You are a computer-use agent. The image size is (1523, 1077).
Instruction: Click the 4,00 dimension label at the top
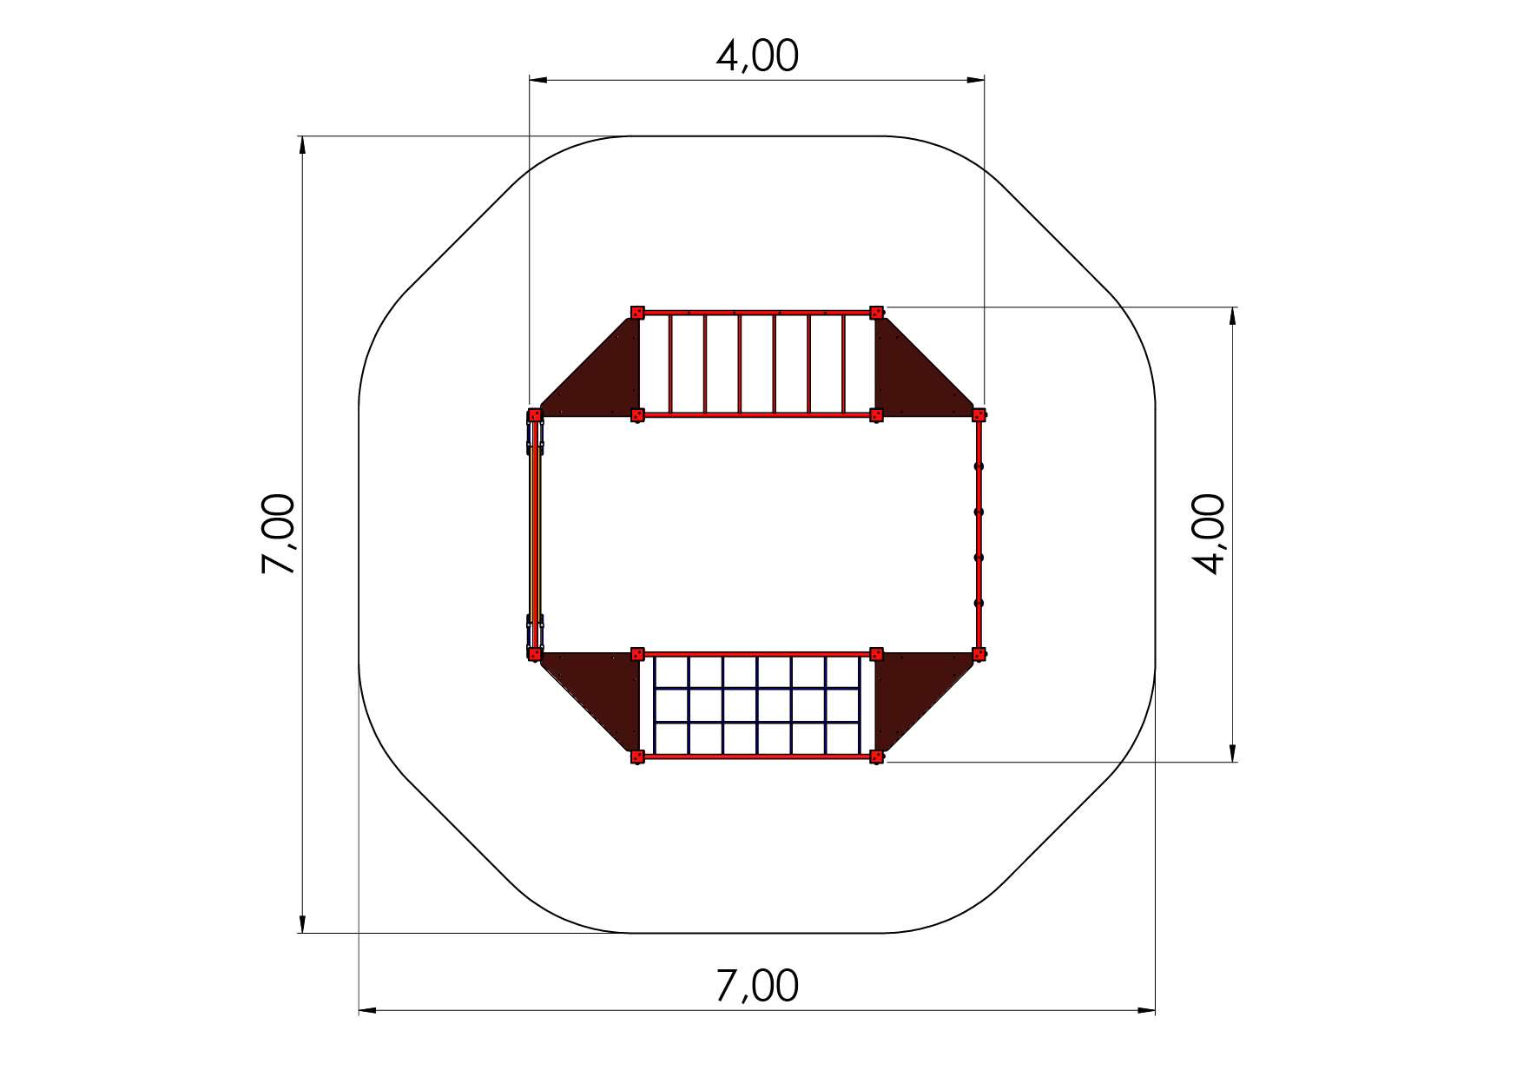coord(757,56)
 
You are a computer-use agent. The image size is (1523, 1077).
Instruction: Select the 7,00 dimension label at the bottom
coord(757,987)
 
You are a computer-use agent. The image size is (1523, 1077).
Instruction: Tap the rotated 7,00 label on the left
coord(280,534)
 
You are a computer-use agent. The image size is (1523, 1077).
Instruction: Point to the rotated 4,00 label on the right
coord(1209,534)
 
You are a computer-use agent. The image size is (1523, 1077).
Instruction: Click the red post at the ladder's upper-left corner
coord(637,312)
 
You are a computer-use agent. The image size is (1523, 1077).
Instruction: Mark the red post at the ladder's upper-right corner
coord(877,312)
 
